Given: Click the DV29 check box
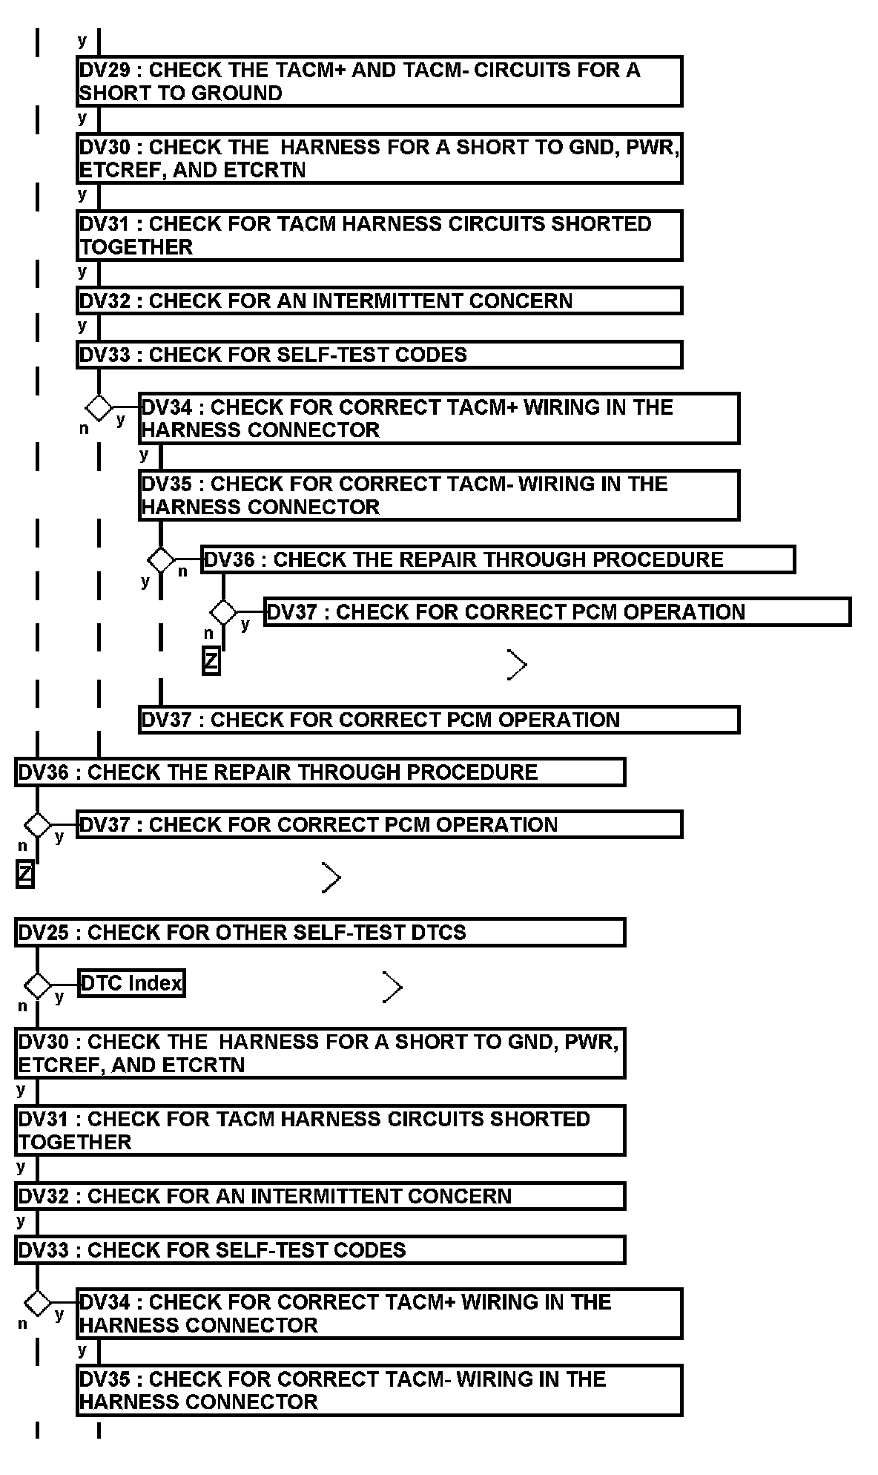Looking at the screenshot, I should click(x=379, y=81).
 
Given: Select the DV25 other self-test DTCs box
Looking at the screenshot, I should click(x=320, y=933).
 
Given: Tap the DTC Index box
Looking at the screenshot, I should click(x=131, y=984).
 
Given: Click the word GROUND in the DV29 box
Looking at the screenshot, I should click(x=245, y=93).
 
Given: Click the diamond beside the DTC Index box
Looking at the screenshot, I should click(x=37, y=986).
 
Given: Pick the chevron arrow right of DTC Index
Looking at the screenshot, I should click(x=392, y=987).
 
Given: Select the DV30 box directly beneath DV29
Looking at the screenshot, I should click(x=379, y=158).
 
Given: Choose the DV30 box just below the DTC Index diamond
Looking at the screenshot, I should click(x=320, y=1053).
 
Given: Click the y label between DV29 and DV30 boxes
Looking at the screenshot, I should click(x=82, y=118).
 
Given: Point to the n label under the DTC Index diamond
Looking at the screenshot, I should click(x=22, y=1006).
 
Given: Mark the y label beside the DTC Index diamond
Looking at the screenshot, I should click(x=59, y=996).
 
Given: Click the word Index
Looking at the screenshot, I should click(x=155, y=984).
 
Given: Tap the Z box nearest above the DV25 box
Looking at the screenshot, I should click(x=25, y=876).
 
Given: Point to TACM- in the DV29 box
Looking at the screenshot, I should click(x=434, y=70).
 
